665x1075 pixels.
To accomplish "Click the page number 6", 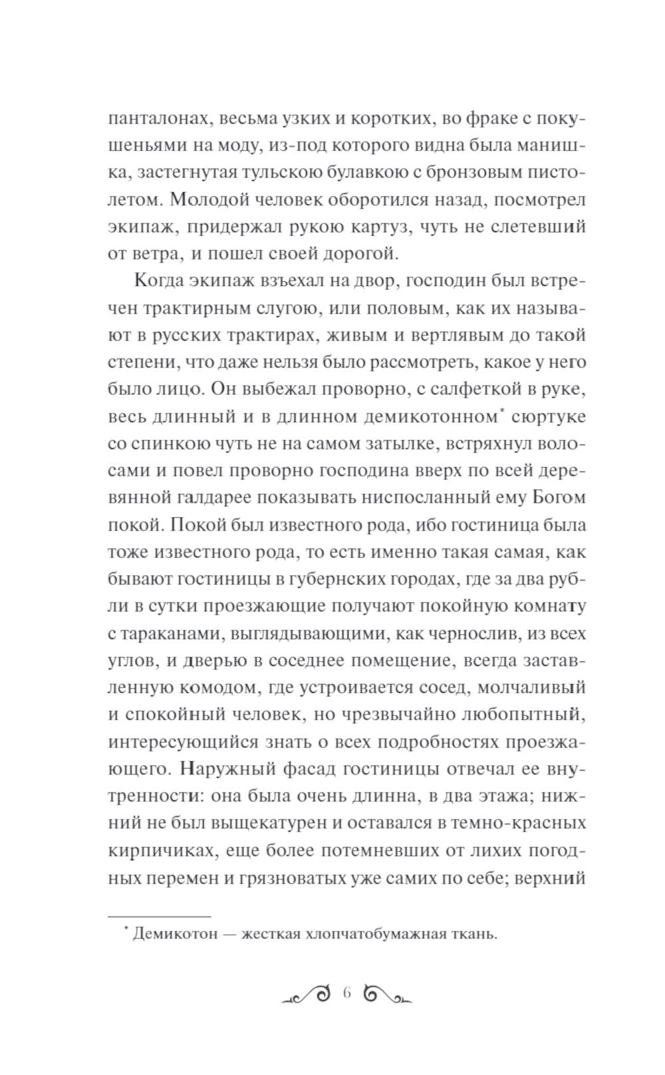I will [x=346, y=995].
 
